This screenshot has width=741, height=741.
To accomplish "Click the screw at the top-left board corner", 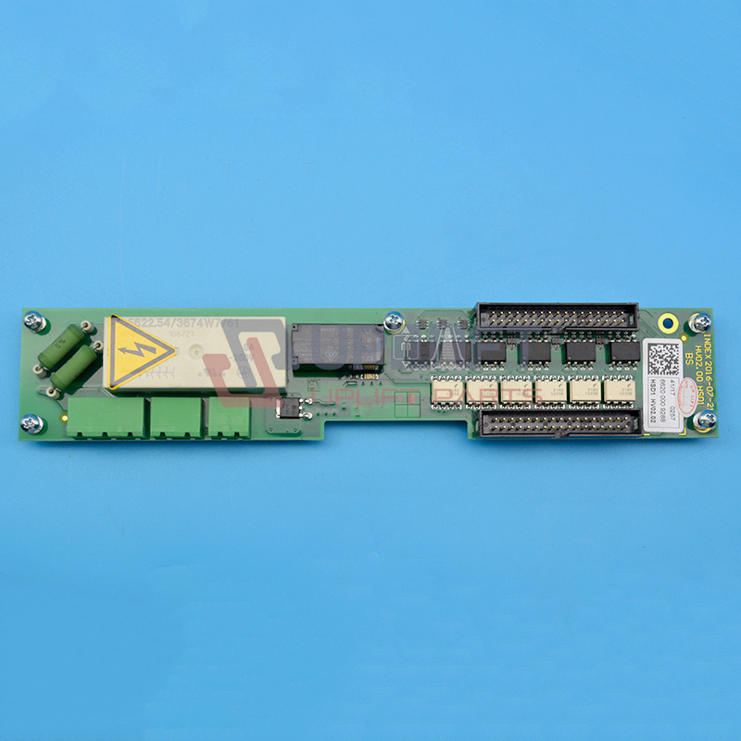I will click(34, 321).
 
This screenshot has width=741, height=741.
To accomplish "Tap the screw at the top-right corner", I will click(701, 321).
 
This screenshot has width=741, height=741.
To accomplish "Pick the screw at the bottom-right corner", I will click(705, 420).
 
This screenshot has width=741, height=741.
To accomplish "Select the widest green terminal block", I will click(105, 417).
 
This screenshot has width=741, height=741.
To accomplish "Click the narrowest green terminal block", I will click(229, 418).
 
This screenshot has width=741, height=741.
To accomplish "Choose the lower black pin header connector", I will click(560, 423).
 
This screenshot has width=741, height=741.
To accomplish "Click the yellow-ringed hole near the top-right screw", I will click(667, 323).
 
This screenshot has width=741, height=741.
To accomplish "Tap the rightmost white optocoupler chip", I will click(617, 390).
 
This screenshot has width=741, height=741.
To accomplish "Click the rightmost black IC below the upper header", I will click(623, 352).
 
